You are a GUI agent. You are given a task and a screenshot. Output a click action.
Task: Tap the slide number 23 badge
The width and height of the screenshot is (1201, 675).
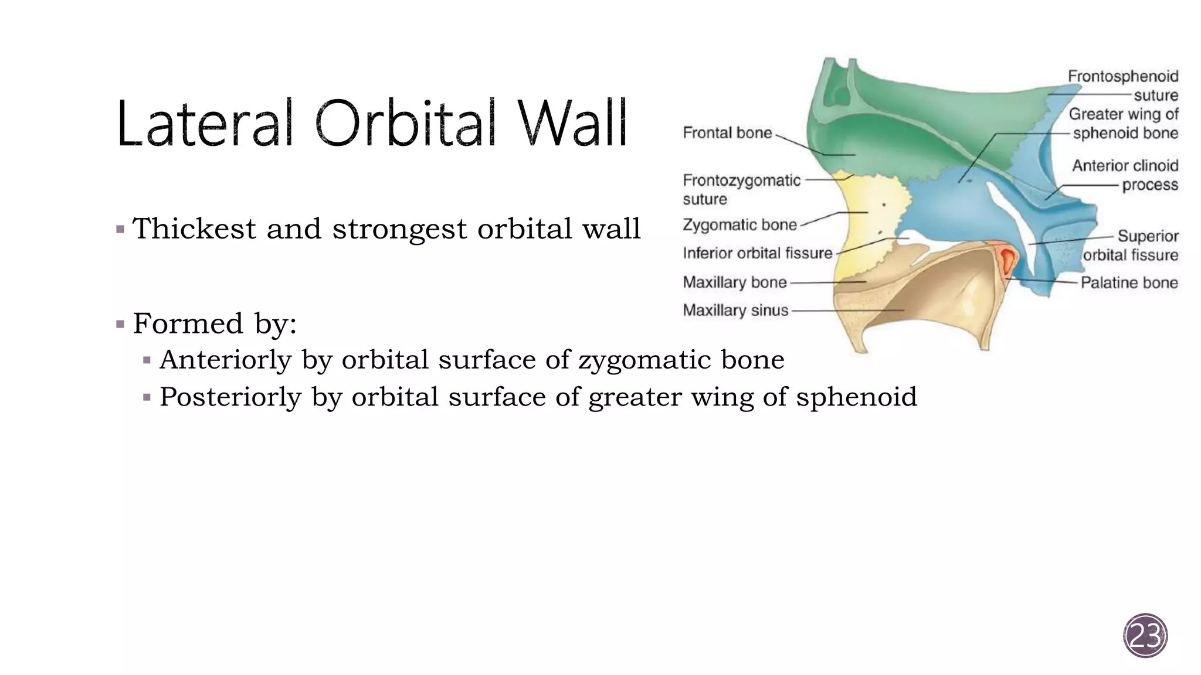1145,635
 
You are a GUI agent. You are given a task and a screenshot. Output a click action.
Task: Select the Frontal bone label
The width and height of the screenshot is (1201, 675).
727,133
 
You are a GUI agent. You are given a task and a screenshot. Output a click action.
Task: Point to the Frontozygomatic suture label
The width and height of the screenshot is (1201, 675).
741,189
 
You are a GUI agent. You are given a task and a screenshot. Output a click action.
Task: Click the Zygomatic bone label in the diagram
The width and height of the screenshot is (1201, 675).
739,224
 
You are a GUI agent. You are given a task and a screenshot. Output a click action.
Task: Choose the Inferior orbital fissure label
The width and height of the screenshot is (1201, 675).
757,253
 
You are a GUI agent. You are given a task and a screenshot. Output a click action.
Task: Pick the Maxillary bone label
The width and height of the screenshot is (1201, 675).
734,282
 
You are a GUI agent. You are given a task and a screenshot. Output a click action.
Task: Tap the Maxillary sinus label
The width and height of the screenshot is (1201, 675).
735,310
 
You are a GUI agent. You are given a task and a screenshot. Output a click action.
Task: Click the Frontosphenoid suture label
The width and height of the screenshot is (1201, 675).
1122,86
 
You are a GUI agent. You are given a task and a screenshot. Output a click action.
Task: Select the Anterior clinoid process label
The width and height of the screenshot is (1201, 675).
1125,175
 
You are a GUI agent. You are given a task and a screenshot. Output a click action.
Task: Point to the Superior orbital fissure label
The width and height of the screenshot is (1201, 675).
1130,246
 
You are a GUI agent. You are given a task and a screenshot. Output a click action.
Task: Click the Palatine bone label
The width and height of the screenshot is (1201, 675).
1129,282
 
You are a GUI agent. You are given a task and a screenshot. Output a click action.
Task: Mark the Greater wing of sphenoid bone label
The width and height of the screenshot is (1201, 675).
1123,123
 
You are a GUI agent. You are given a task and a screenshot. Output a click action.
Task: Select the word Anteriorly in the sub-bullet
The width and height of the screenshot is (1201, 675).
225,360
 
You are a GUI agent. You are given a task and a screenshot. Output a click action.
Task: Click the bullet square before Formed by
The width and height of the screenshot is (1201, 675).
120,324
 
